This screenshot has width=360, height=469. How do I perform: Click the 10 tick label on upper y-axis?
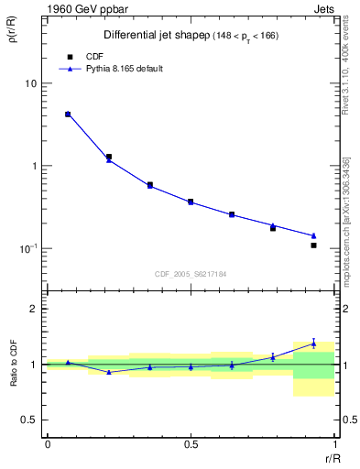point(30,84)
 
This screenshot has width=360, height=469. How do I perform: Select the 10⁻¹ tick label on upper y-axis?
point(28,248)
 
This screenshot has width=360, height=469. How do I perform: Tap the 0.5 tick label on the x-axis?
point(191,444)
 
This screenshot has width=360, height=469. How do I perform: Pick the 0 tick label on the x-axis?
point(48,444)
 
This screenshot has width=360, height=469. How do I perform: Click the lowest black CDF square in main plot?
point(313,245)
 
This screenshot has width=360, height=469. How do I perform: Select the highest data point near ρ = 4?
point(68,115)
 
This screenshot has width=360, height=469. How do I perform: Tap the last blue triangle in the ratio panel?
point(313,344)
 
